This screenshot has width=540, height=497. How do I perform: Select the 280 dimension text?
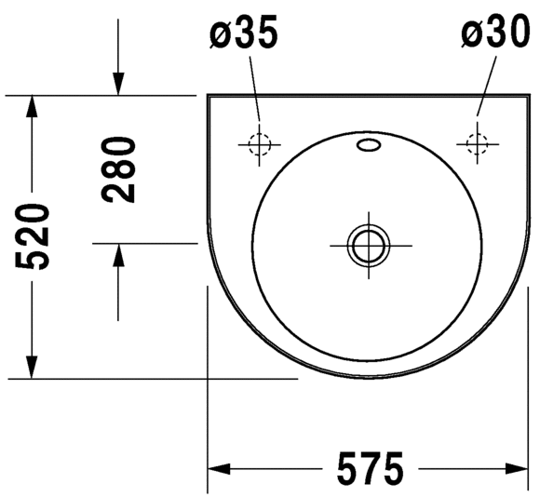[x=119, y=168]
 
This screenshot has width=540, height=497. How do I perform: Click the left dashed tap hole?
[x=258, y=143]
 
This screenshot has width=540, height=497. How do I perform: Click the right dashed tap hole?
[x=476, y=143]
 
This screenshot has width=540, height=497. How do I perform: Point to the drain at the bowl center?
[x=370, y=246]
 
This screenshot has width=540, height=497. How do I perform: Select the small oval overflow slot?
[x=369, y=145]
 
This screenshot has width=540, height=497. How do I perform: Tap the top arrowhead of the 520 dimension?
[x=34, y=107]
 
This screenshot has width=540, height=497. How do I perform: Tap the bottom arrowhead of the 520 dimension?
[x=34, y=368]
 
